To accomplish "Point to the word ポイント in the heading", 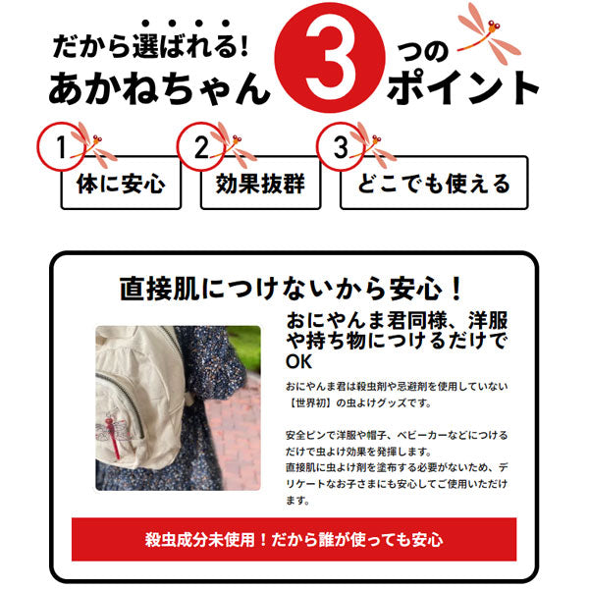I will coord(463,89).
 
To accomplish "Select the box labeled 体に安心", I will coord(121,184).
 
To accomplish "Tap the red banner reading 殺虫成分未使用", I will coord(294,539).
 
